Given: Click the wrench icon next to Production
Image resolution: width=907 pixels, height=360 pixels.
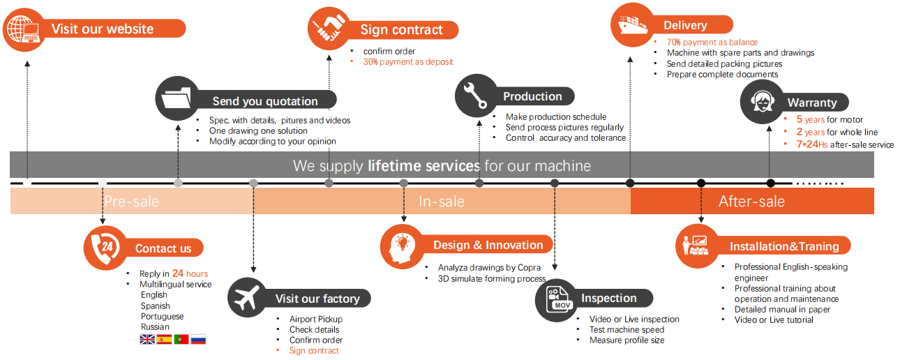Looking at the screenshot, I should point(477,96).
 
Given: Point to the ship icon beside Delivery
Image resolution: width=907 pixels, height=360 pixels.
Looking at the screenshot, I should point(631,24).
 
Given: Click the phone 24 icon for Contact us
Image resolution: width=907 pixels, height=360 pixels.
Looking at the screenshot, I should point(105,247).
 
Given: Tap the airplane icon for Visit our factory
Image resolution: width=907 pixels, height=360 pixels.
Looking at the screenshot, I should point(249,299).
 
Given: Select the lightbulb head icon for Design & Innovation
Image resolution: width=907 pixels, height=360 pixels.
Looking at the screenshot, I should point(402,245).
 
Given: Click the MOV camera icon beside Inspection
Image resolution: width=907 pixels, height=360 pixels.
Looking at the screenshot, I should point(556,299).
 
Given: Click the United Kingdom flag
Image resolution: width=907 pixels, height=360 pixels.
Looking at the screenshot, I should point(147,340).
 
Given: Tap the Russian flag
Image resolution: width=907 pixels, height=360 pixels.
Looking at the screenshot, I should point(198,340).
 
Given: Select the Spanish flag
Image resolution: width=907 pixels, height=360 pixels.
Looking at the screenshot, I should point(164,340).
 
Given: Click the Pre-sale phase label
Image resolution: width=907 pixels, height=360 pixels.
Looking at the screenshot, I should point(131,202).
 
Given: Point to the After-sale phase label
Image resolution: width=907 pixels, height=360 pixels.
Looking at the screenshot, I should point(751,202).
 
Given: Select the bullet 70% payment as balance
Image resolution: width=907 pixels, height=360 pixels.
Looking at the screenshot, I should point(712,43).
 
